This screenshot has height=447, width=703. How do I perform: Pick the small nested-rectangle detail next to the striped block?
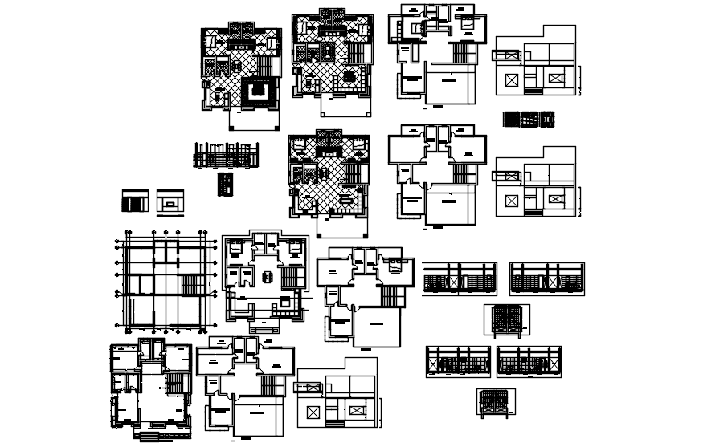pyautogui.click(x=170, y=201)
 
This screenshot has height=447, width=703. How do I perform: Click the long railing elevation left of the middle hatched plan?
pyautogui.click(x=226, y=155)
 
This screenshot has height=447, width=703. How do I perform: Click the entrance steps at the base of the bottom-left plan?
pyautogui.click(x=157, y=437)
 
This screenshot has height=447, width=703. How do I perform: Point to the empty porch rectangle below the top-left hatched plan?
pyautogui.click(x=255, y=119)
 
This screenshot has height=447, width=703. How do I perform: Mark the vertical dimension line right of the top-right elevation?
pyautogui.click(x=580, y=80)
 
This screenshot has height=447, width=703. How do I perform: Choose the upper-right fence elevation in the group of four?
pyautogui.click(x=546, y=278)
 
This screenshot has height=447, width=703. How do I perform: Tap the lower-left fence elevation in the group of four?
pyautogui.click(x=457, y=362)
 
